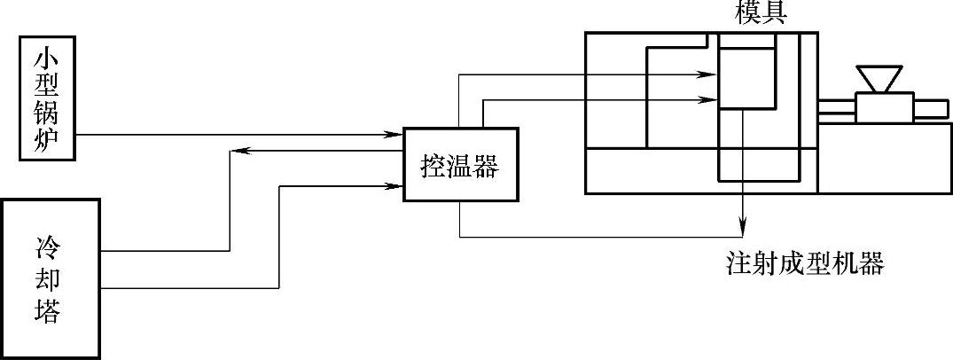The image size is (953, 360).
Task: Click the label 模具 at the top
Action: tap(760, 13)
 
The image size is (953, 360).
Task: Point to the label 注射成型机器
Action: tap(804, 264)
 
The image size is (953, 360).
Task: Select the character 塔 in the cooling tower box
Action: tap(51, 313)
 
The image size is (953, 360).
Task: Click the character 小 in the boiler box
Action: tap(48, 59)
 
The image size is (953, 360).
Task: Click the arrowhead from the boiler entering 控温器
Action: tap(397, 135)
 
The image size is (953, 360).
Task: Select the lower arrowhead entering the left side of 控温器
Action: tap(397, 186)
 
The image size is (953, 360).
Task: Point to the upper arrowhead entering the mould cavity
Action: tap(712, 75)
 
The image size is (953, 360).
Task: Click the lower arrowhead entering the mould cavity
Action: tap(712, 99)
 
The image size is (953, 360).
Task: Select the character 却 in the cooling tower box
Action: tap(51, 278)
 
